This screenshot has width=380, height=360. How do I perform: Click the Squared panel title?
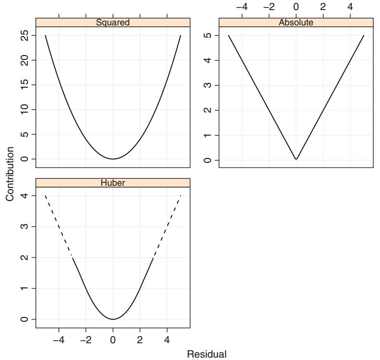tap(113, 22)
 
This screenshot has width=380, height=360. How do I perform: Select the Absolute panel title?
tap(296, 22)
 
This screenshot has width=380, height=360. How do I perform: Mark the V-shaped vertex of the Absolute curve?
tap(296, 159)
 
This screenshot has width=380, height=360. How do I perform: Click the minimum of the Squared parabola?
tap(113, 159)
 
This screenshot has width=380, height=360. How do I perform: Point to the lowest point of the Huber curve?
tap(113, 319)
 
